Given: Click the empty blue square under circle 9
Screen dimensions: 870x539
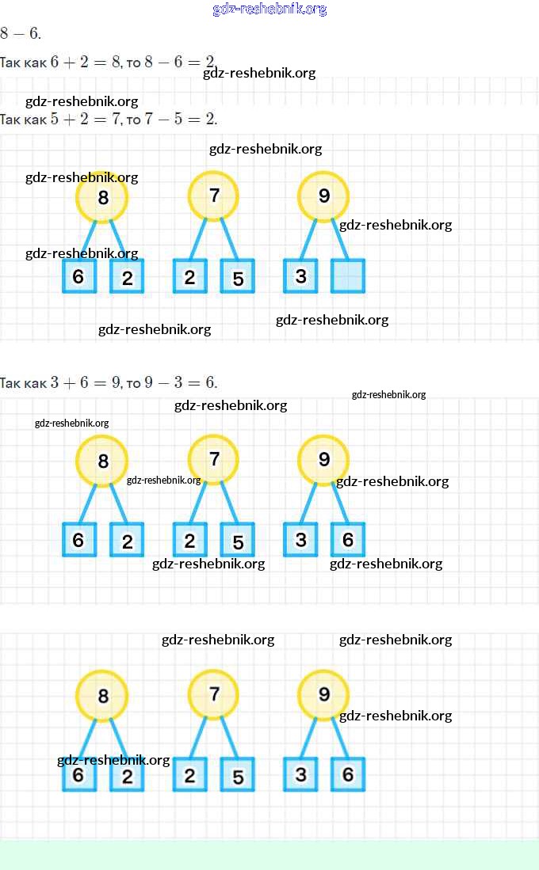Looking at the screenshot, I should (348, 276).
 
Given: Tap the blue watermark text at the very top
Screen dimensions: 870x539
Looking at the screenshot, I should (269, 9).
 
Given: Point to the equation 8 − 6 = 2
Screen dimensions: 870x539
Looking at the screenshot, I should (180, 62).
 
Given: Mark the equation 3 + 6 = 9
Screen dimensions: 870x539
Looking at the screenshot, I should (86, 383).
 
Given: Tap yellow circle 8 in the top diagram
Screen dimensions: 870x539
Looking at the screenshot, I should (102, 197).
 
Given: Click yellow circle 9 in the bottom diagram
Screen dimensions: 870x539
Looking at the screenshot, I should (323, 695).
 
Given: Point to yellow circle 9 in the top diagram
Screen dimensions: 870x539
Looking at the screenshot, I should (323, 196).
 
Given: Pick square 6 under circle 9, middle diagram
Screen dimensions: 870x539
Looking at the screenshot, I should (348, 540).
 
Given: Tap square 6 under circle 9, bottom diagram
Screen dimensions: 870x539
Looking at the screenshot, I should (348, 775).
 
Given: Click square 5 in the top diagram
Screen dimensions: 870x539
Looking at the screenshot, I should (238, 277).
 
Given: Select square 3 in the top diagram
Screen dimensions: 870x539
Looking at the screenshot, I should (300, 276).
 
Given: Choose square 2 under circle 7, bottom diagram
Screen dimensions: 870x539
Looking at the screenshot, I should (189, 776).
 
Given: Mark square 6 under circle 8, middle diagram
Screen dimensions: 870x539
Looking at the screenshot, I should (78, 540).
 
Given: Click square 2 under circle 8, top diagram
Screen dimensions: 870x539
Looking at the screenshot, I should (127, 277).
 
